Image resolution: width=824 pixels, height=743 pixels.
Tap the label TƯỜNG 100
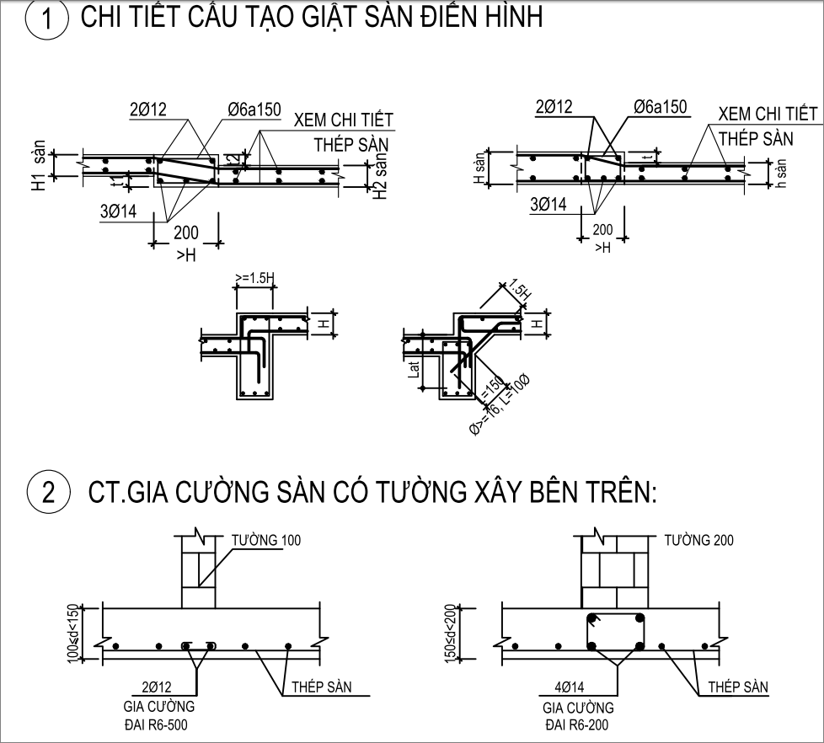266,540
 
